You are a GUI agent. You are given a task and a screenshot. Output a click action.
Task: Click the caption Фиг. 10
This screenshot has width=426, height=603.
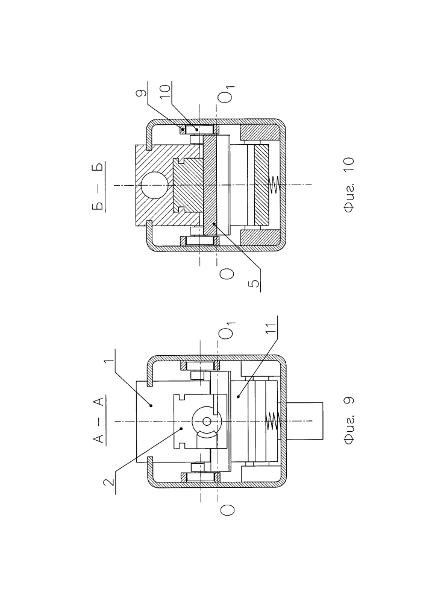pyautogui.click(x=349, y=185)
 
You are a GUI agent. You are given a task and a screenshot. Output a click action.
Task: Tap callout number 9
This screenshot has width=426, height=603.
pyautogui.click(x=142, y=93)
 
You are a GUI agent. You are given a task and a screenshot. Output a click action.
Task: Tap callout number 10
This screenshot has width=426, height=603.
pyautogui.click(x=166, y=92)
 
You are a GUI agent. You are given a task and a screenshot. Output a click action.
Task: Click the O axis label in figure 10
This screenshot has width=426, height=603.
pyautogui.click(x=227, y=273)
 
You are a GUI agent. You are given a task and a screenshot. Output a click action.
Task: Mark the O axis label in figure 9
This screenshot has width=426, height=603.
pyautogui.click(x=227, y=510)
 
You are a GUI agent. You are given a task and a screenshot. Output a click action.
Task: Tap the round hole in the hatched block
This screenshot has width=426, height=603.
pyautogui.click(x=154, y=185)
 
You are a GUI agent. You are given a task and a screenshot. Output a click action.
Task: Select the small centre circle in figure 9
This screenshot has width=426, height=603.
pyautogui.click(x=207, y=421)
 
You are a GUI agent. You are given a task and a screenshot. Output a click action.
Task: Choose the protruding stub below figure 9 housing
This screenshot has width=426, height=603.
pyautogui.click(x=305, y=421)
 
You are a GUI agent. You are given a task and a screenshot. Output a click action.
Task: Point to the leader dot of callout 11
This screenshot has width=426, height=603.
pyautogui.click(x=238, y=396)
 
